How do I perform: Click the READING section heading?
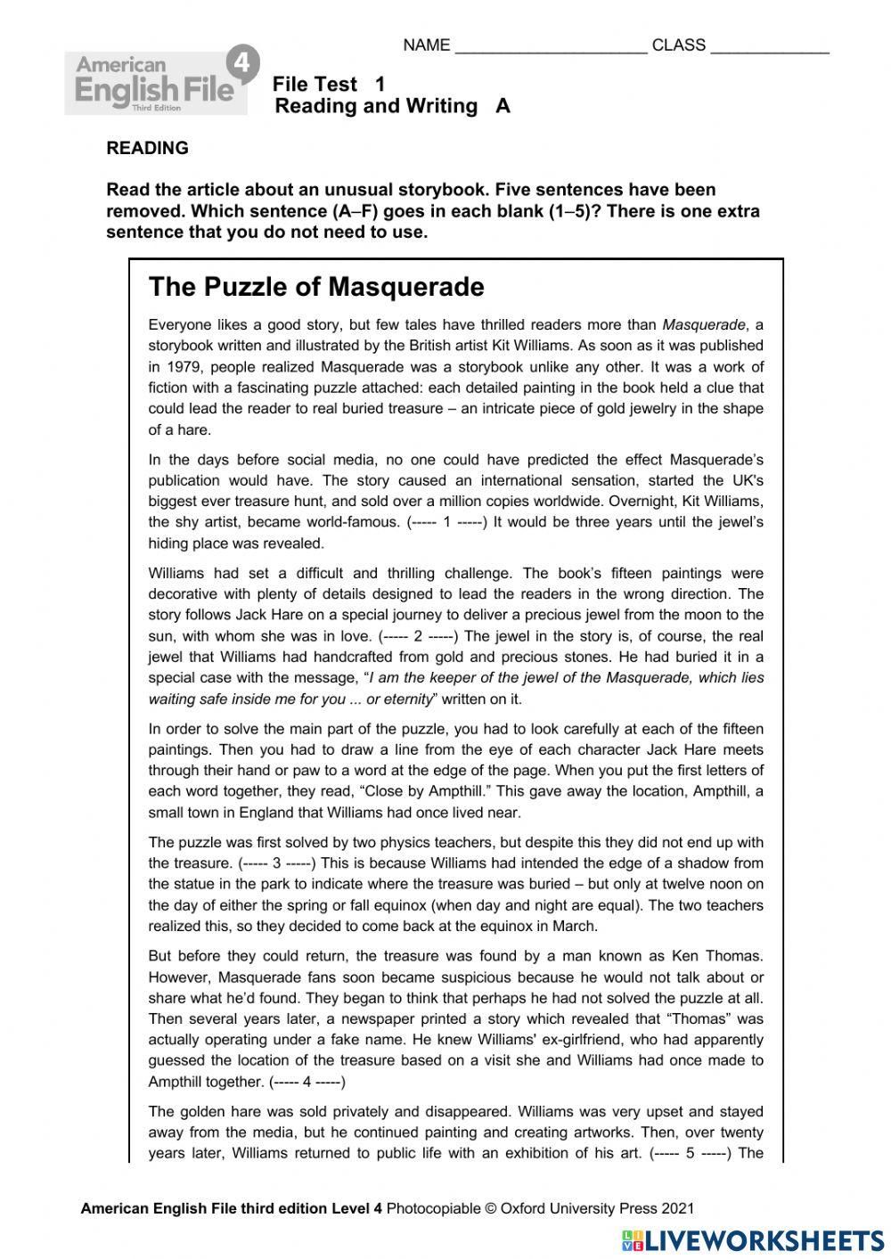tap(147, 149)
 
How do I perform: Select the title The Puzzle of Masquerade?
tap(316, 287)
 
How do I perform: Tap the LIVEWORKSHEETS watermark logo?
tap(753, 1240)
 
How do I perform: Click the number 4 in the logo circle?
tap(240, 64)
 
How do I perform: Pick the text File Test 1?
tap(329, 85)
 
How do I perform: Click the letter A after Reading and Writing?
tap(503, 106)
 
